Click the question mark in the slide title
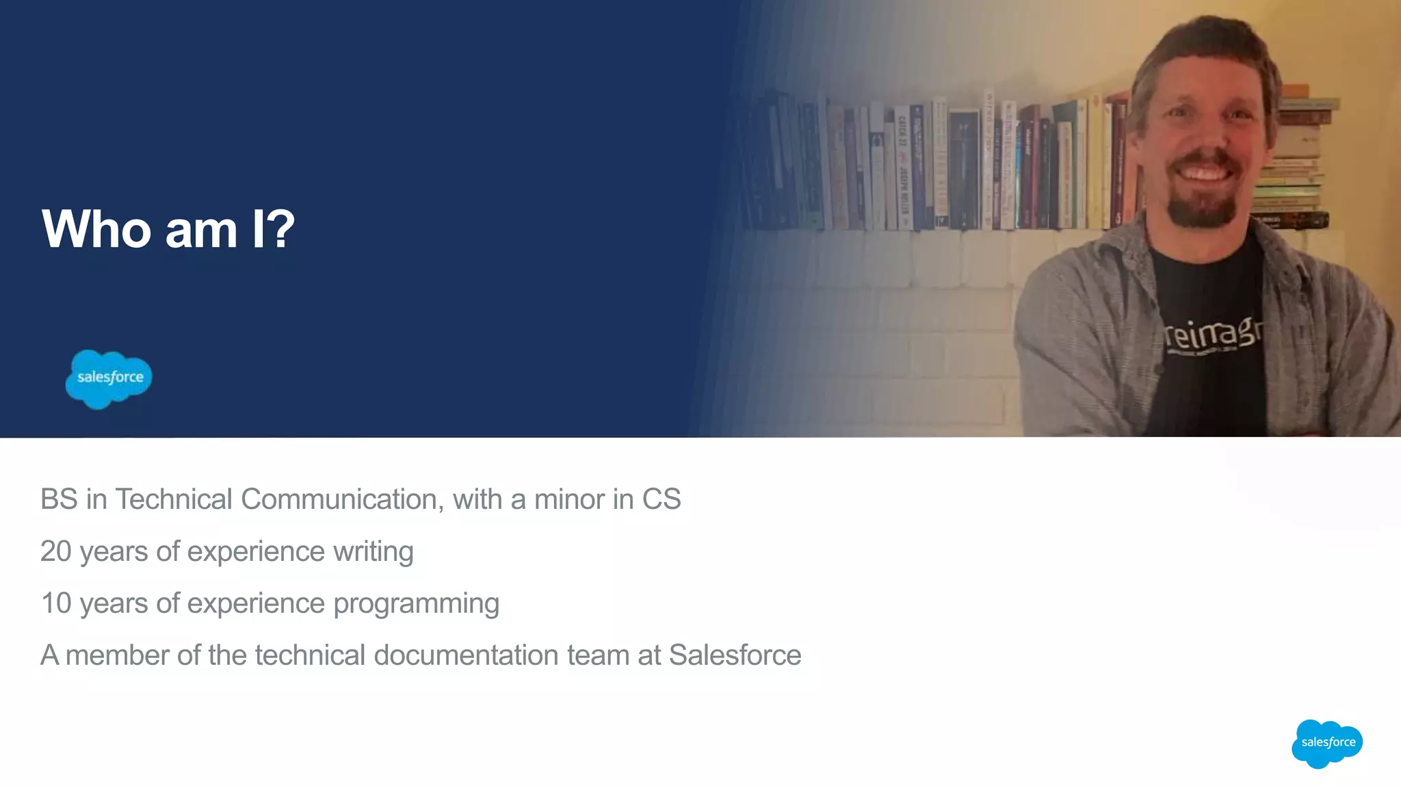pyautogui.click(x=281, y=228)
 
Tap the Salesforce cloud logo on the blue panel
pyautogui.click(x=109, y=378)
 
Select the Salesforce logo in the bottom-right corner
pyautogui.click(x=1327, y=743)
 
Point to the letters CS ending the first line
pyautogui.click(x=661, y=499)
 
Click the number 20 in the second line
pyautogui.click(x=55, y=551)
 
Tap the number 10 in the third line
pyautogui.click(x=55, y=603)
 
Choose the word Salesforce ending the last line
pyautogui.click(x=735, y=655)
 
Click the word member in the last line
pyautogui.click(x=117, y=655)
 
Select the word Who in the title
pyautogui.click(x=96, y=228)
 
